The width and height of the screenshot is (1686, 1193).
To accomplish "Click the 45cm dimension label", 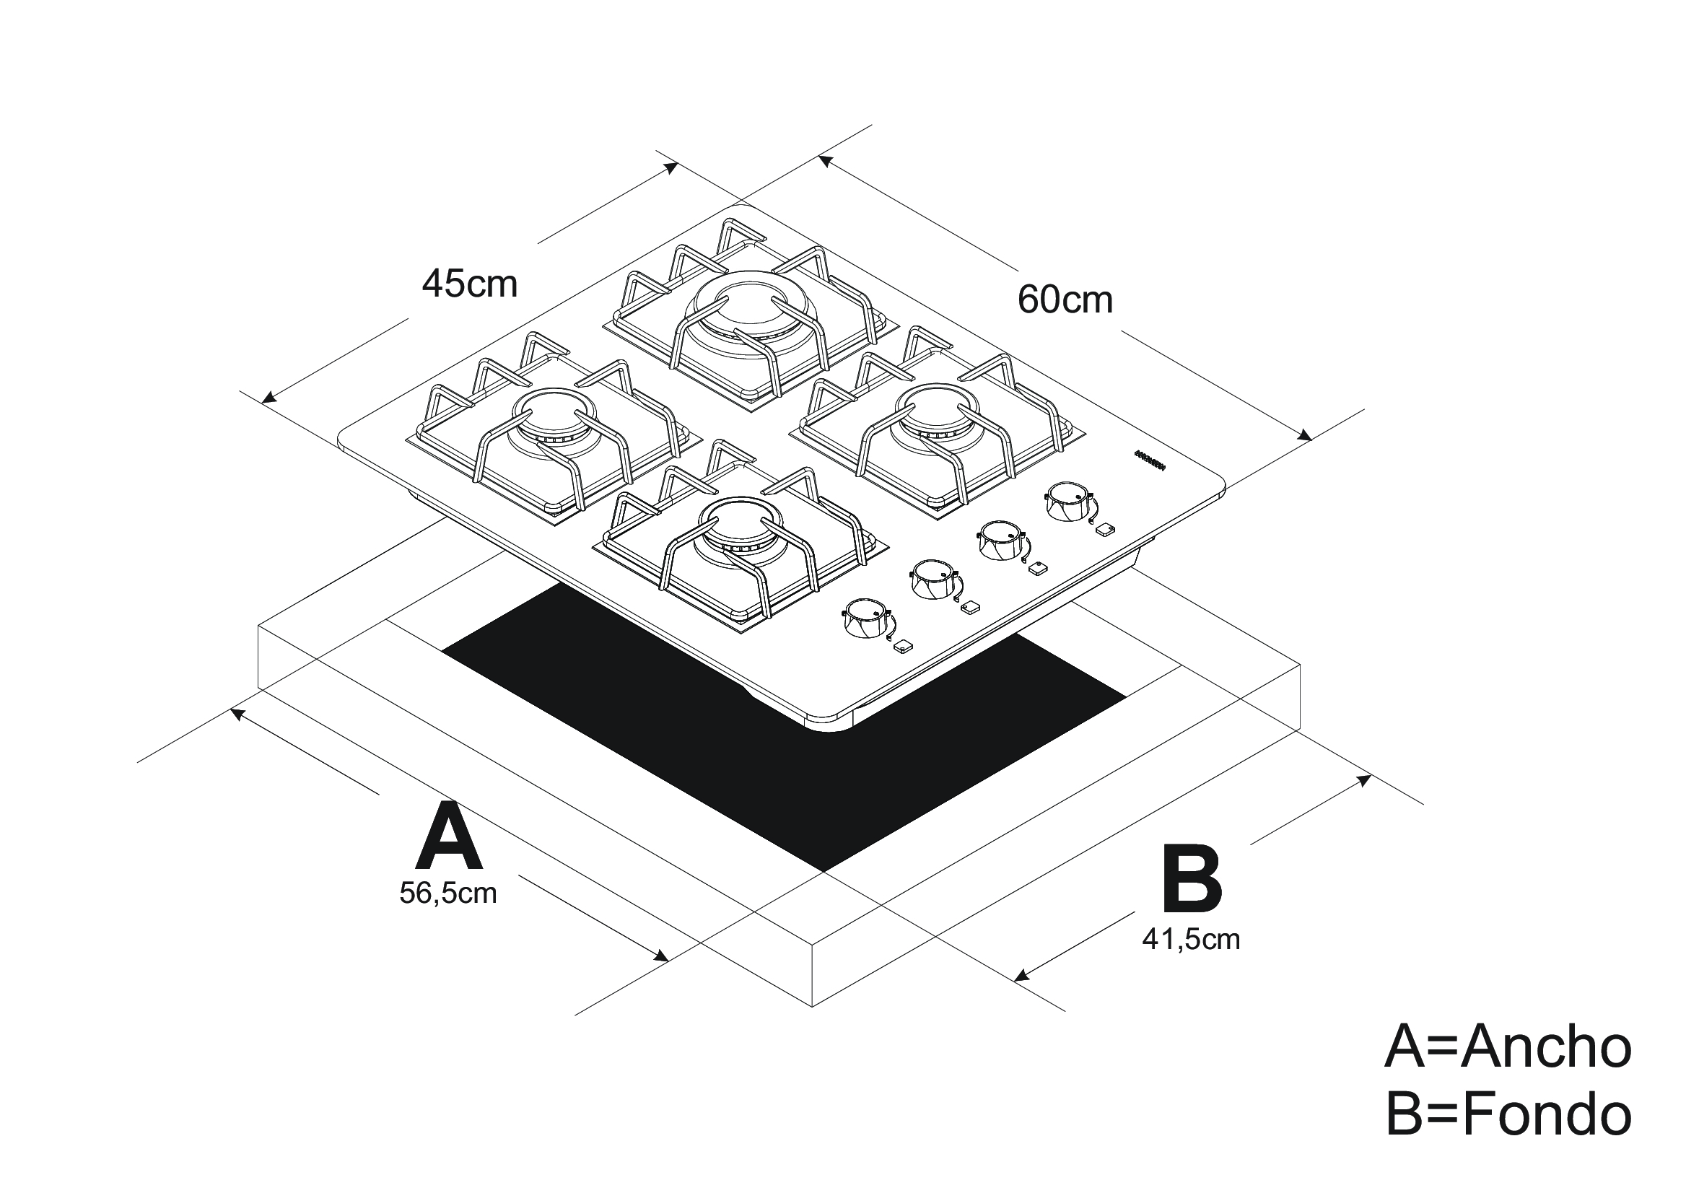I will tap(469, 284).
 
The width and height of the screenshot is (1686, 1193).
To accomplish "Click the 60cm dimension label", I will tap(1065, 300).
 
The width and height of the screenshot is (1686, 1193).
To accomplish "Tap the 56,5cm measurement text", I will tap(447, 893).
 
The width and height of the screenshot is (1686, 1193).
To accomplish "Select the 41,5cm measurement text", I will tap(1191, 940).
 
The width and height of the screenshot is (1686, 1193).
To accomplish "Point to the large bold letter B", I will tap(1192, 880).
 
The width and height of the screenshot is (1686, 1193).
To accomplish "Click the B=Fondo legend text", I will tap(1508, 1115).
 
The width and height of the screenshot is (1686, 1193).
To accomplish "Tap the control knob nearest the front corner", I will tap(865, 619).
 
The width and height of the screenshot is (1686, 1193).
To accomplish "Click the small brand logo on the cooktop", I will tap(1150, 463).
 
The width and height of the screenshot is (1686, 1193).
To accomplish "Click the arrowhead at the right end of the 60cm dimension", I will tap(1304, 436).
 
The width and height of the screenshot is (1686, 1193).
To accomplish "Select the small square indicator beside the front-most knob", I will tap(902, 647).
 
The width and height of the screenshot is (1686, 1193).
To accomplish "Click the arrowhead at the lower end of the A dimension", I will tap(661, 956).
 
